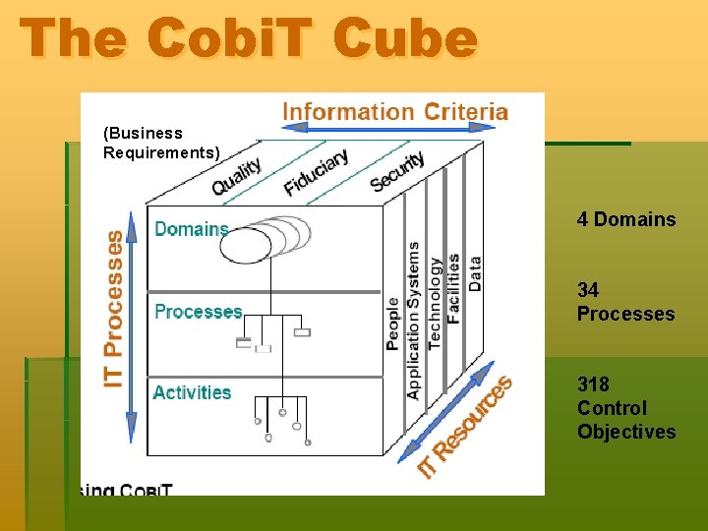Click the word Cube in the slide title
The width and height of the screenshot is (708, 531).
click(404, 38)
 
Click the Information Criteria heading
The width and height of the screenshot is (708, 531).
click(395, 111)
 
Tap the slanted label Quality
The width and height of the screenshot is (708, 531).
click(237, 176)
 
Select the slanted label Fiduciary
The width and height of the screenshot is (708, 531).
click(316, 171)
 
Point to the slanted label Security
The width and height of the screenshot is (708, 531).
click(397, 171)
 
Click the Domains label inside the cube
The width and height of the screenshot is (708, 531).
click(191, 229)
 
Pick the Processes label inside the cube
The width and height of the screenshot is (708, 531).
click(198, 312)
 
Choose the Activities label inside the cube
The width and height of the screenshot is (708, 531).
click(192, 392)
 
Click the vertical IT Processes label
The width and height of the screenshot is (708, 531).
click(115, 308)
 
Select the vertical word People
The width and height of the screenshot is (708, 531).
click(393, 324)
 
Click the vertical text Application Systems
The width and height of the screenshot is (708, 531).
click(413, 321)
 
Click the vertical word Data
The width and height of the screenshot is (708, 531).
click(474, 274)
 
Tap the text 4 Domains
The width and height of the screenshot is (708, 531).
click(626, 219)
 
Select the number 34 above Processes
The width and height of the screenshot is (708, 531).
click(588, 290)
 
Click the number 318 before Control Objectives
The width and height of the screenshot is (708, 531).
click(593, 384)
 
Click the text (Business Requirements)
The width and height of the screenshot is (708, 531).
click(161, 143)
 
